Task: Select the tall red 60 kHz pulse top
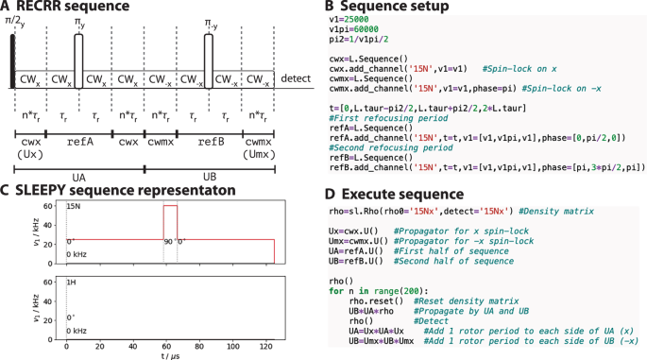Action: [170, 206]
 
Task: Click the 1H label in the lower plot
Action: [71, 283]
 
